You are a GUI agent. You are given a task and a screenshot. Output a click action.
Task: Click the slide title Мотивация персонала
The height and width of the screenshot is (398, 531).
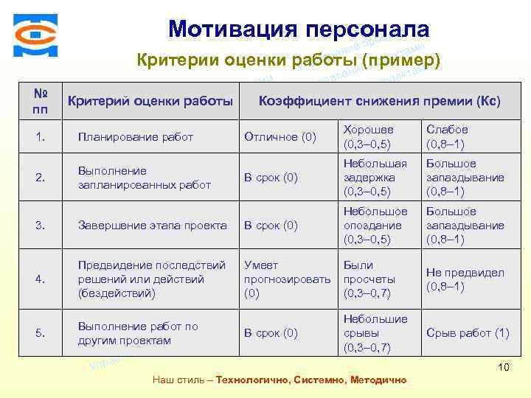(298, 29)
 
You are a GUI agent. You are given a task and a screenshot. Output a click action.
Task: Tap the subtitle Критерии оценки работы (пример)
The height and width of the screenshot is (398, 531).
(288, 59)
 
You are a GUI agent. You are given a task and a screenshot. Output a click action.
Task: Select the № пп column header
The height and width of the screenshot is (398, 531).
(41, 101)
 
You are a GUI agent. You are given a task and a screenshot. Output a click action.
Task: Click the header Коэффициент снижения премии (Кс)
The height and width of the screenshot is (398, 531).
(380, 101)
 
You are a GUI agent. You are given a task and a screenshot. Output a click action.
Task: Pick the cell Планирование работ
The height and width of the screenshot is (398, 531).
(136, 136)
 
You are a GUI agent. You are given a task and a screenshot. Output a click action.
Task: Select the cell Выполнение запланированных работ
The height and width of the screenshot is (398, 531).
(145, 178)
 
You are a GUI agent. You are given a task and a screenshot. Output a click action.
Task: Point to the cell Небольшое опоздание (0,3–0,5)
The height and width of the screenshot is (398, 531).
(375, 226)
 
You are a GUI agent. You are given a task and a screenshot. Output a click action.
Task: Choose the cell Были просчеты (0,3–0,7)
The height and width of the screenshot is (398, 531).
(369, 279)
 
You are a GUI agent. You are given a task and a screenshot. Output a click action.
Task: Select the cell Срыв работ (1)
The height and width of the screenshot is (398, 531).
(468, 333)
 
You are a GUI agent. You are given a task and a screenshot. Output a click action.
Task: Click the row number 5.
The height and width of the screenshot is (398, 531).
(41, 333)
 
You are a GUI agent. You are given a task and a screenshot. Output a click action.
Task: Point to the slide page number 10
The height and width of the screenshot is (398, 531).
(504, 367)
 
